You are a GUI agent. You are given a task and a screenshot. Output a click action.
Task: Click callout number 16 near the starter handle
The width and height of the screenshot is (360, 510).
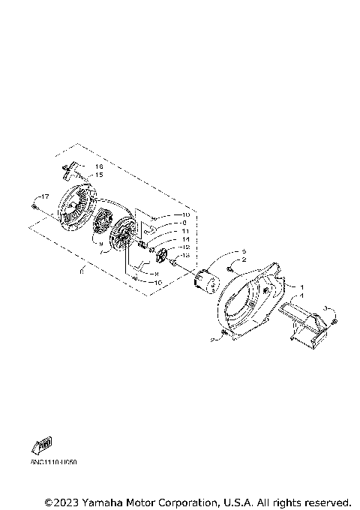pyautogui.click(x=98, y=166)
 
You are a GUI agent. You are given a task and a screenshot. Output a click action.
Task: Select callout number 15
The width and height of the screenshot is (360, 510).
pyautogui.click(x=98, y=175)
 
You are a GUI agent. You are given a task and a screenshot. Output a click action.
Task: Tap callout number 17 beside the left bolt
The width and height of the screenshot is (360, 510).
pyautogui.click(x=44, y=197)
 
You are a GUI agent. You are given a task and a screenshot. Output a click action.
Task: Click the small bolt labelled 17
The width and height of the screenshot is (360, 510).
pyautogui.click(x=34, y=202)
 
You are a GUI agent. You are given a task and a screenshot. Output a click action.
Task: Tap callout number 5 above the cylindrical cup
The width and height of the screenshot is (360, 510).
pyautogui.click(x=244, y=250)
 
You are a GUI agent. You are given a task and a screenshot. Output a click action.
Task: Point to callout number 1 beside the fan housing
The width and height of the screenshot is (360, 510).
pyautogui.click(x=301, y=287)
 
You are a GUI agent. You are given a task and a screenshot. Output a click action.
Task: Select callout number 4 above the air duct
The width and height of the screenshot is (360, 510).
pyautogui.click(x=301, y=295)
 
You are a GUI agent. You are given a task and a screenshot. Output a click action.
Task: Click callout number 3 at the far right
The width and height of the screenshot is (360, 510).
pyautogui.click(x=325, y=307)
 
